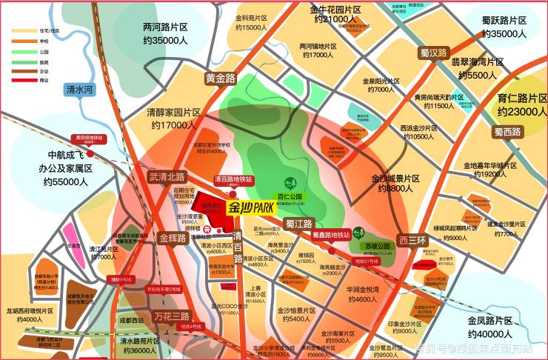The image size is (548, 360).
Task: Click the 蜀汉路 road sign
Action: tap(434, 53)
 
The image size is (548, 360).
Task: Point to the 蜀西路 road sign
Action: tap(507, 132)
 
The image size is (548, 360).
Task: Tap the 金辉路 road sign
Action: tap(173, 239)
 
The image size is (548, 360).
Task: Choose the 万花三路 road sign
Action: tap(172, 316)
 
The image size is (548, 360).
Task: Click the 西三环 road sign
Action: tap(412, 240)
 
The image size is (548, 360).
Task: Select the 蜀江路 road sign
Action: tap(299, 224)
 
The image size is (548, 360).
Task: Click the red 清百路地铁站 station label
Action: tap(233, 180)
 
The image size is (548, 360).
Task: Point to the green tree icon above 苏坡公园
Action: tap(359, 231)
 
